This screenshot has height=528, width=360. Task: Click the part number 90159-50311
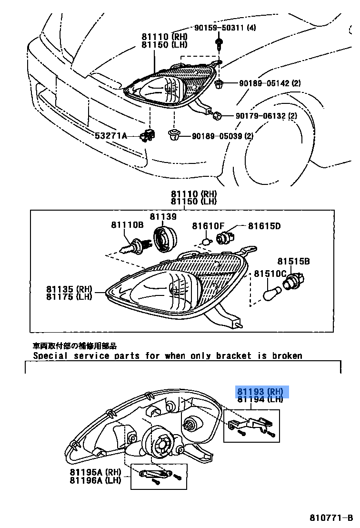coord(220,28)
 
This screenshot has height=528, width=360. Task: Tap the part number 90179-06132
coord(260,116)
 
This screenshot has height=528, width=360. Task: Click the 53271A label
coord(111,136)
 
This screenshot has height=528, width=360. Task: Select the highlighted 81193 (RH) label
coord(260,392)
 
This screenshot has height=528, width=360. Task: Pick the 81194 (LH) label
coord(260,400)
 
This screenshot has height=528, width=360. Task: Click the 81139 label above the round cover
coord(163,217)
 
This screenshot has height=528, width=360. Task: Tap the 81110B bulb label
coord(128,225)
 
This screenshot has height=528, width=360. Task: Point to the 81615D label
coord(264,226)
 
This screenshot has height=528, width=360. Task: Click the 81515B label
coord(294,261)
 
